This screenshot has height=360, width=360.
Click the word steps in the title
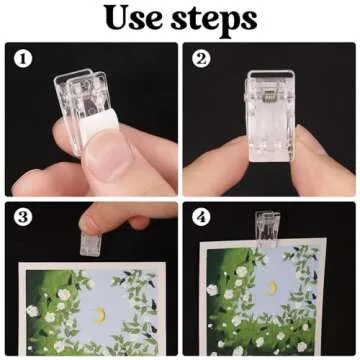coord(211,21)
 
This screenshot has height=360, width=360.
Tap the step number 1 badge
coord(20,59)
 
